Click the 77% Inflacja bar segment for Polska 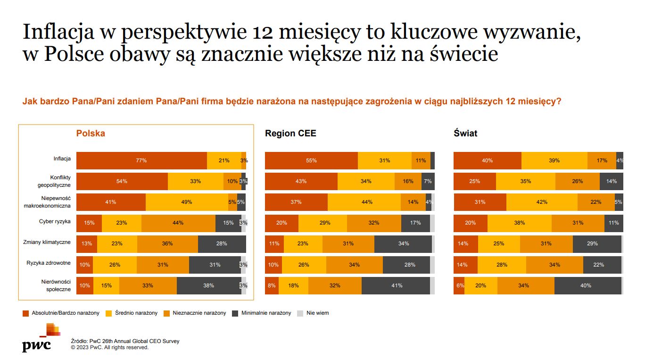141,160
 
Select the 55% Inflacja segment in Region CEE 311,160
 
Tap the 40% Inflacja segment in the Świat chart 487,160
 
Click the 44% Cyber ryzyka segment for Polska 178,223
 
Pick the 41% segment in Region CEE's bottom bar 396,285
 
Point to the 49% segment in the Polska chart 187,202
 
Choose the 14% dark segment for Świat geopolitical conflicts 611,181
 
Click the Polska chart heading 91,134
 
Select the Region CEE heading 290,134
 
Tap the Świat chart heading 465,134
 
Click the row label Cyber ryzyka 55,221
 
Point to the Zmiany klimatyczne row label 47,242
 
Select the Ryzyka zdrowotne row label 49,263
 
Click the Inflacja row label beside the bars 62,159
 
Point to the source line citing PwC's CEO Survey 125,341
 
